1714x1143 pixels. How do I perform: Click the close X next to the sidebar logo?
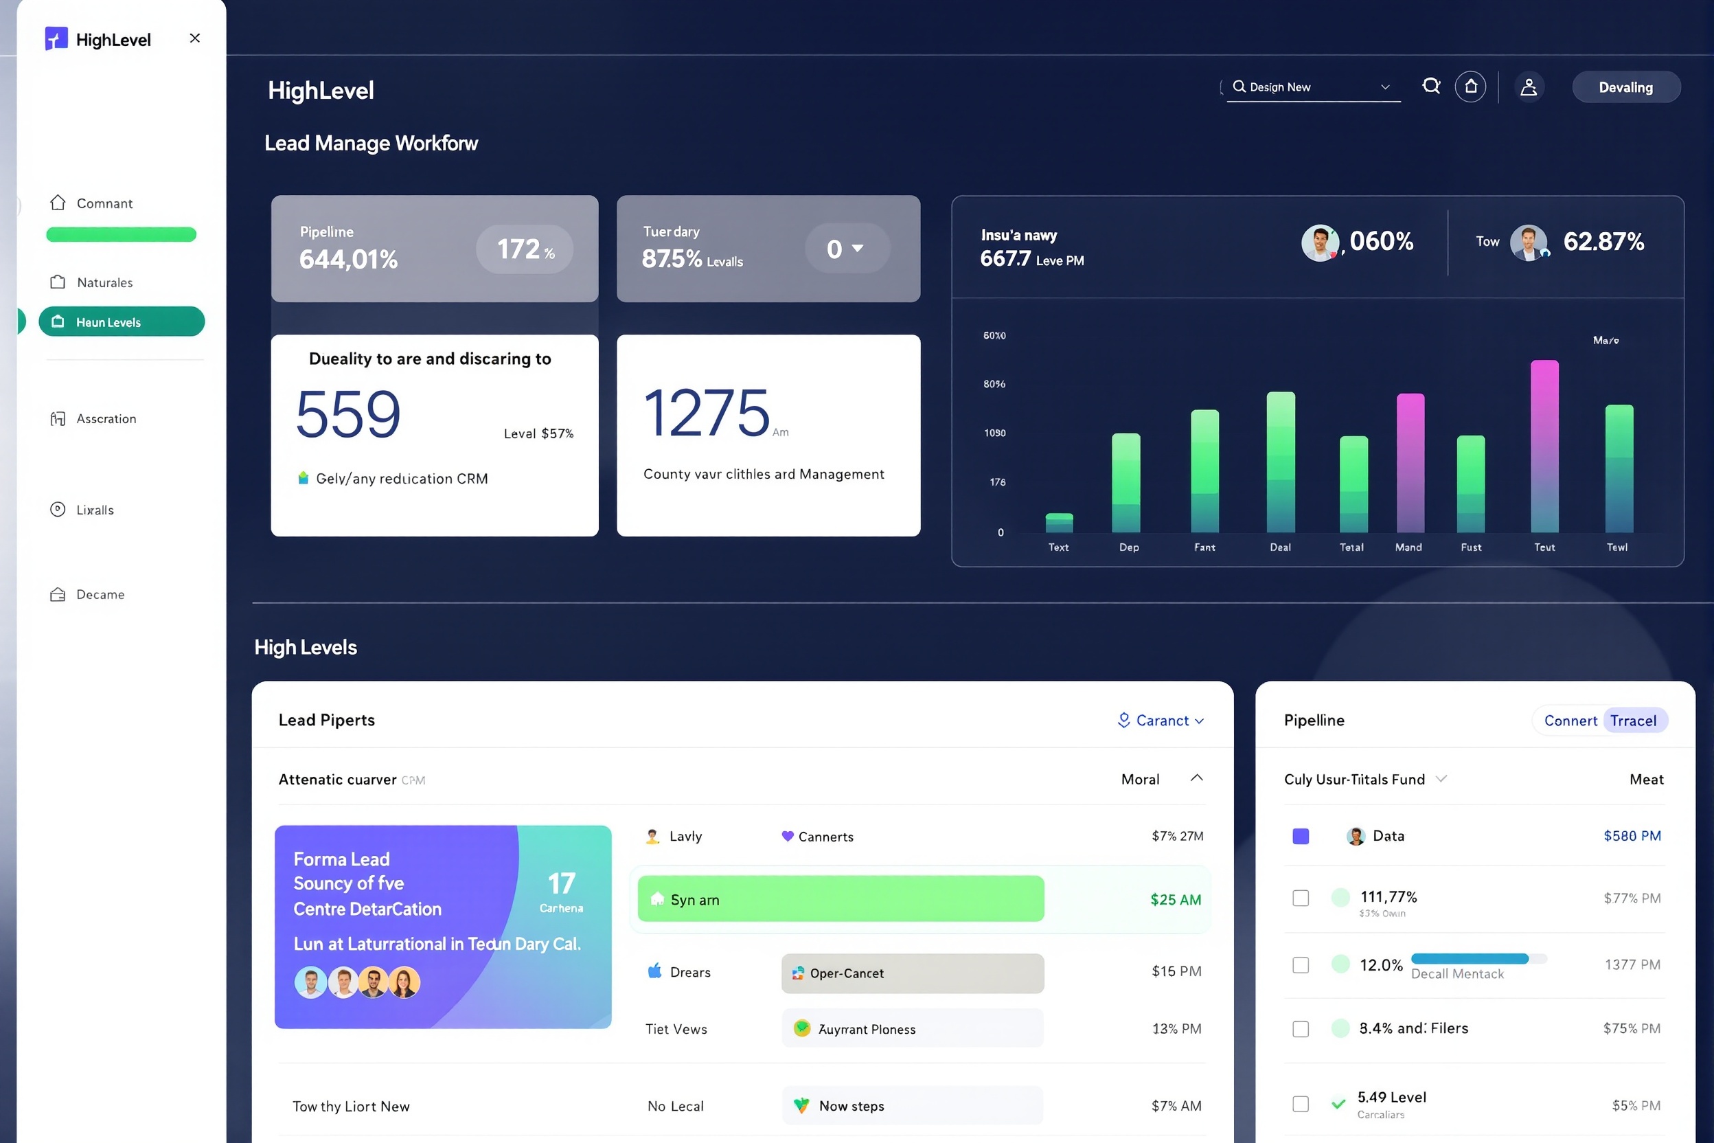194,38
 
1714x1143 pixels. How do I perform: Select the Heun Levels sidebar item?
122,321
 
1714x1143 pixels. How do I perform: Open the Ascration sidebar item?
106,418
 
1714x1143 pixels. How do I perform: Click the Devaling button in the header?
1625,87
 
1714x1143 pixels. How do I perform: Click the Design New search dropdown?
1312,87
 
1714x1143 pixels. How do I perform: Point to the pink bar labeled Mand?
1409,463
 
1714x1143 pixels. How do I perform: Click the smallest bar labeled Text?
1058,523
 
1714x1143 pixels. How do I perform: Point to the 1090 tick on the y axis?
994,433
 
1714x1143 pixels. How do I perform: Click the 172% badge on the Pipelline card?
524,249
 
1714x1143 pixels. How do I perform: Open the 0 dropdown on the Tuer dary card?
846,249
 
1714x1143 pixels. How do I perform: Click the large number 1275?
705,414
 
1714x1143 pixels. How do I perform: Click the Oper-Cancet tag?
912,973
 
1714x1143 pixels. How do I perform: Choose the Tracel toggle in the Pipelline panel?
1632,720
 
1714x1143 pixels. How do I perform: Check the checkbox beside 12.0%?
1300,965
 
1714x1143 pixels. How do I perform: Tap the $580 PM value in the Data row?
1631,835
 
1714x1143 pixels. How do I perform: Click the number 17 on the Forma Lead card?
561,883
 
